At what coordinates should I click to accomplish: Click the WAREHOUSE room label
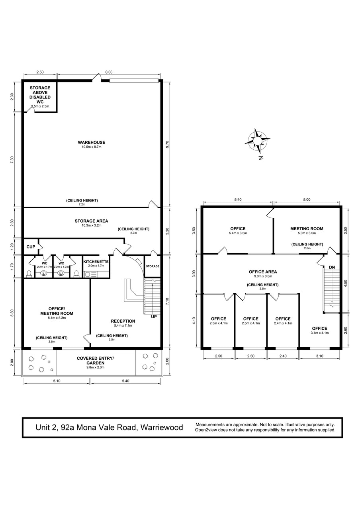(x=91, y=143)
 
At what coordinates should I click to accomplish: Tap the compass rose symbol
(x=257, y=141)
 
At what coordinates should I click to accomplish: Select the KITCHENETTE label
(x=96, y=262)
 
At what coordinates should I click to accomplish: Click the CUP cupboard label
(x=31, y=247)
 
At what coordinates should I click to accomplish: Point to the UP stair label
(x=154, y=317)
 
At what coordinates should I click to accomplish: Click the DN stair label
(x=332, y=268)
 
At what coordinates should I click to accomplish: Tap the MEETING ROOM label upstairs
(x=307, y=229)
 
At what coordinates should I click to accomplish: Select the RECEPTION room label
(x=123, y=321)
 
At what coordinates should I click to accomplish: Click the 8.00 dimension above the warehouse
(x=109, y=72)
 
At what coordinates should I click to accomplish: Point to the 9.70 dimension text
(x=168, y=144)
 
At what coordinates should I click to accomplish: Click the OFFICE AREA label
(x=263, y=272)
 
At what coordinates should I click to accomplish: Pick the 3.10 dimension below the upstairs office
(x=319, y=356)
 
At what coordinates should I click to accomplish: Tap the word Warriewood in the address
(x=162, y=427)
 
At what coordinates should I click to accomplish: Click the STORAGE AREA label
(x=91, y=221)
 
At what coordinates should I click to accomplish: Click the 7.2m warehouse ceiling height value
(x=82, y=204)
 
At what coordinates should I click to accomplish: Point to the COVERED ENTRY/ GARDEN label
(x=95, y=360)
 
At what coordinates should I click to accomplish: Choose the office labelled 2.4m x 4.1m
(x=283, y=321)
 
